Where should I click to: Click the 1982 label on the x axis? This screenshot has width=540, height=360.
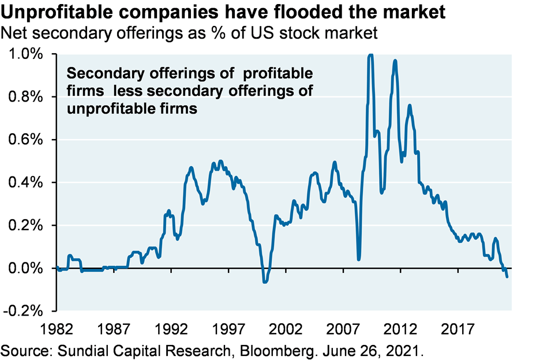click(x=58, y=332)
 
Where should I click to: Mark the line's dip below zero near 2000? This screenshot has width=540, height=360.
click(x=265, y=282)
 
